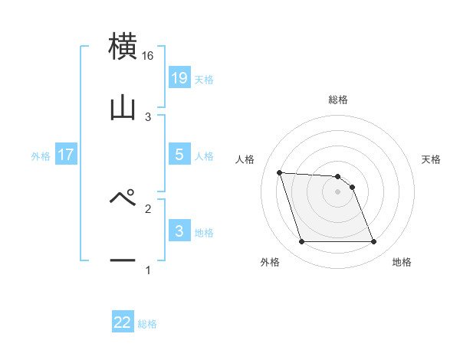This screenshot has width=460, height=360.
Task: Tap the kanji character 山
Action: (123, 107)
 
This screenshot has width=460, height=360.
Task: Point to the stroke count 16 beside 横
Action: (148, 57)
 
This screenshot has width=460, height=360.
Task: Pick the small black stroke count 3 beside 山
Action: (148, 117)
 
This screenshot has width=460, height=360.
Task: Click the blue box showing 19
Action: (179, 78)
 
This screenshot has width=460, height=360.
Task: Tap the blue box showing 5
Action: (179, 155)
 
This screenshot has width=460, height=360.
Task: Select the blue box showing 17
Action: (65, 155)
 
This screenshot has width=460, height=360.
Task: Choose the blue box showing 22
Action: (123, 322)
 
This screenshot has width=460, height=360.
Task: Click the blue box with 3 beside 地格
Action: (179, 231)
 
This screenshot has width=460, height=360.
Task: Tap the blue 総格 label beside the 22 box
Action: (147, 324)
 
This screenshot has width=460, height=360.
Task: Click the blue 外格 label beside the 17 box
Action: (41, 155)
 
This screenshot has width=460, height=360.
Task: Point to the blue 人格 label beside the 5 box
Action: (204, 155)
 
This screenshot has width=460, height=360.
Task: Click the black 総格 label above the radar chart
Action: (337, 100)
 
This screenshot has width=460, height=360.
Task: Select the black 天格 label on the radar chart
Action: (431, 159)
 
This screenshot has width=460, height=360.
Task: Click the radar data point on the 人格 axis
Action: (280, 172)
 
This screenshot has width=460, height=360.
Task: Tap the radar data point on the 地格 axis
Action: (373, 242)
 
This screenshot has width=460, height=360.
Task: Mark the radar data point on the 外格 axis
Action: (301, 242)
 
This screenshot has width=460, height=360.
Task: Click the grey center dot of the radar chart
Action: (337, 191)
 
